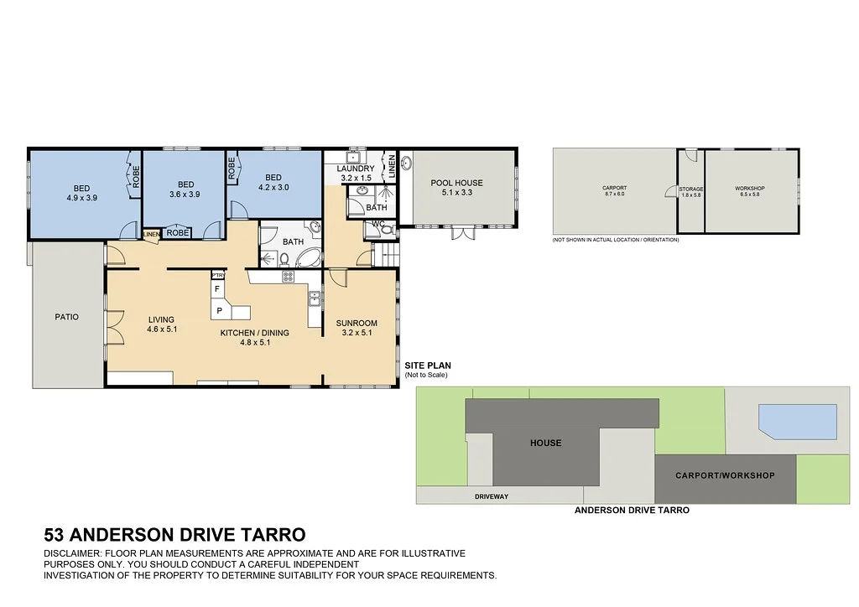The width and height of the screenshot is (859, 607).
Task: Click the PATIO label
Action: coord(66,317)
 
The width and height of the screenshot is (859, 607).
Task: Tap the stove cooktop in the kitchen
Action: coord(285,277)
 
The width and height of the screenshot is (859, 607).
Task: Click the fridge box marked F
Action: coord(218,289)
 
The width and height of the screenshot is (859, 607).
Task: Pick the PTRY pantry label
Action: coord(218,275)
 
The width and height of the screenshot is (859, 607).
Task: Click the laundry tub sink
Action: coord(353,157)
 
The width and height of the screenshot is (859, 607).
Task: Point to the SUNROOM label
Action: coord(357,323)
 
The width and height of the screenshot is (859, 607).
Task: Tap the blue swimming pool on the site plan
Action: coord(798,422)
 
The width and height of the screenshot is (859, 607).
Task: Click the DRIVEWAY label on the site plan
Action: coord(492,496)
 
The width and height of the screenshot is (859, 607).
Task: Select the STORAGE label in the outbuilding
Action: coord(691,189)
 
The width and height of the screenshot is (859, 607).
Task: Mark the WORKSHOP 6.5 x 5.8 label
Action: coord(750,191)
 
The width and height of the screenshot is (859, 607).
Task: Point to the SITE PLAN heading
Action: coord(428,366)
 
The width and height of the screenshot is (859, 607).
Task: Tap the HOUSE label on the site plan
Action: coord(545,443)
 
